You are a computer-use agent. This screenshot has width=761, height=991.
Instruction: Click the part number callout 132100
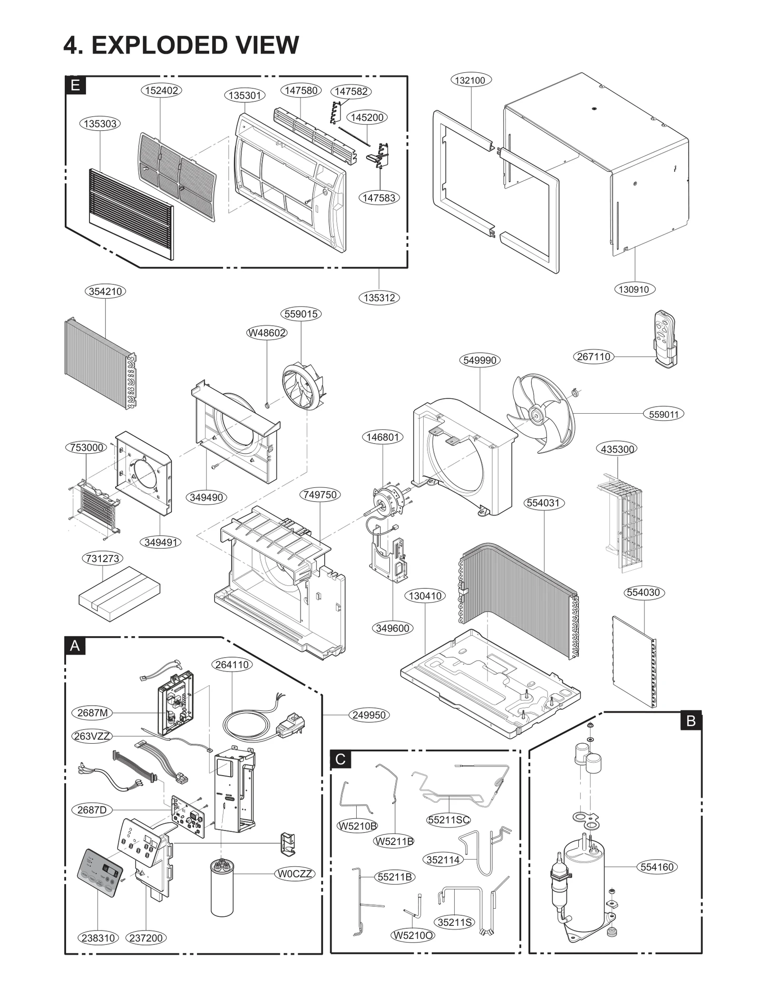click(x=470, y=80)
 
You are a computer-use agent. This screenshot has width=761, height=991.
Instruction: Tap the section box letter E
click(x=75, y=85)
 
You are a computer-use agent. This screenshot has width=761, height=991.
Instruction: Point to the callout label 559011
click(x=663, y=414)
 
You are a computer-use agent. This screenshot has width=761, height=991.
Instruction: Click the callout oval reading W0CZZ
click(x=295, y=874)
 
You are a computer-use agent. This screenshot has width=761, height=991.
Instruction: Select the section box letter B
click(x=691, y=721)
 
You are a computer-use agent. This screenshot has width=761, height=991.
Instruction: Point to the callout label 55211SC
click(x=448, y=819)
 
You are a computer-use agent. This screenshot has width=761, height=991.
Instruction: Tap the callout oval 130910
click(x=634, y=289)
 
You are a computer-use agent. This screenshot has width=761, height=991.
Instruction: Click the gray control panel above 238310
click(x=100, y=873)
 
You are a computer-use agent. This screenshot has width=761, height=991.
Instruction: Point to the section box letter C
click(x=341, y=759)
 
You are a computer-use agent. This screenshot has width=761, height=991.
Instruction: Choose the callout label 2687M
click(x=93, y=713)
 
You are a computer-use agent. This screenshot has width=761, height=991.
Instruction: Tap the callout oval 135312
click(x=379, y=298)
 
